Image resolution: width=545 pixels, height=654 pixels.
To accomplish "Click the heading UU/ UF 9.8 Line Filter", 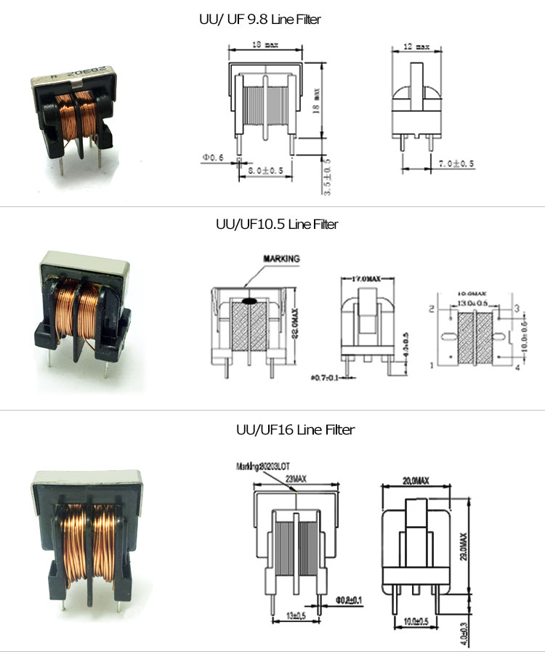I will coord(259,20).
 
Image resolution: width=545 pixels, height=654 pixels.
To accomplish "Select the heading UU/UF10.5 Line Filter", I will coord(277,225).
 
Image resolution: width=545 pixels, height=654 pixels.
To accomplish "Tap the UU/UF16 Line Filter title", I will coord(295,430).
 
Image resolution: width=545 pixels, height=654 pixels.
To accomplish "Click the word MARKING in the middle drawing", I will coord(281,258).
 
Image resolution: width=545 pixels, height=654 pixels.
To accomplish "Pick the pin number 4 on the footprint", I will coord(517,368).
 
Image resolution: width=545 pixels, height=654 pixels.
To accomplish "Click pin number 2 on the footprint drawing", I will coord(431,309).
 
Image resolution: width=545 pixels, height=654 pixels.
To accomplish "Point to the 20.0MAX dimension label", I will coord(415,480).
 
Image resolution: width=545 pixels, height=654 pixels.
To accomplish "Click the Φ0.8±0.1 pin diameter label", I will coord(349,600).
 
